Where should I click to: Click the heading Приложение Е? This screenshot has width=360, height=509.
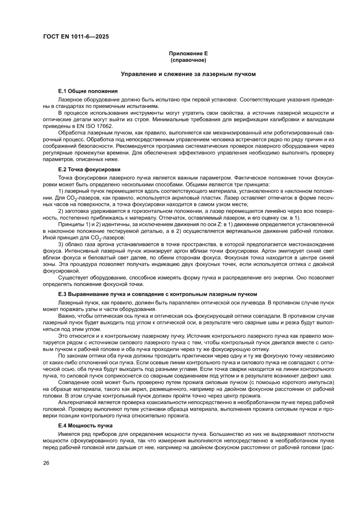coord(188,53)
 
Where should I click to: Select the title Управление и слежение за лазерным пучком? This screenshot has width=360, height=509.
coord(188,74)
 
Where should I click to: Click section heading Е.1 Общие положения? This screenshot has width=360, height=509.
coord(88,91)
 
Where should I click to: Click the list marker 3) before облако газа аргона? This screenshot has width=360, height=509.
coord(61,245)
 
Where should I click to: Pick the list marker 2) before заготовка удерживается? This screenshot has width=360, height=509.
coord(61,211)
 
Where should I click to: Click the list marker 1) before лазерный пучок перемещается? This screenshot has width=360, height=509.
coord(61,192)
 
